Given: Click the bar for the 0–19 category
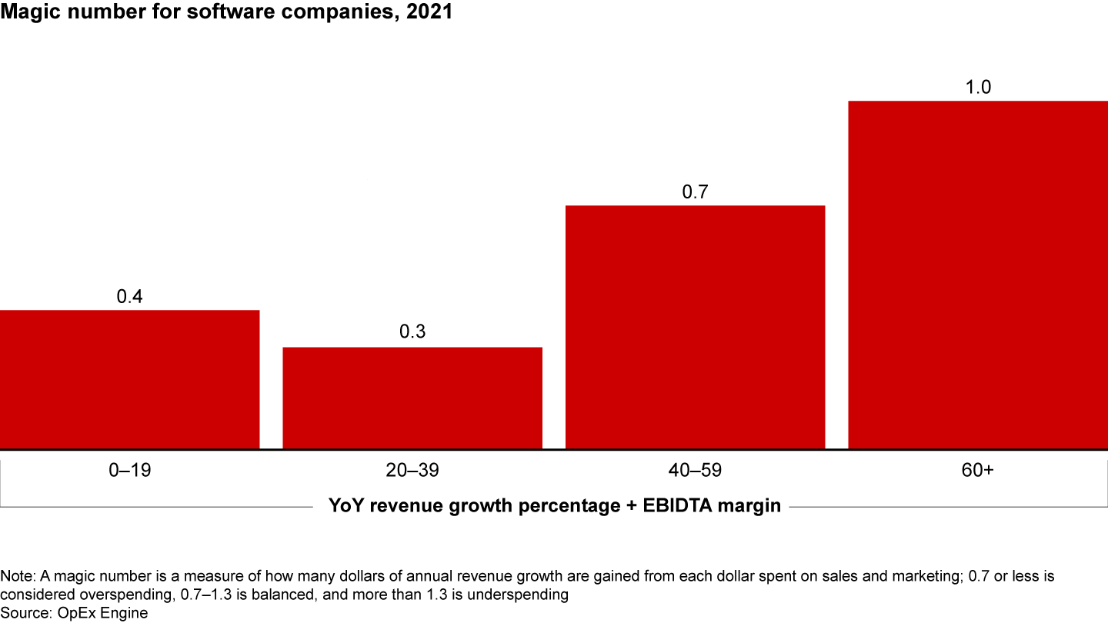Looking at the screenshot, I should point(129,379).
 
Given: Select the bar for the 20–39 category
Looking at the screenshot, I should point(412,398).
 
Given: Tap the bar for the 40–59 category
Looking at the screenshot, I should point(695,327).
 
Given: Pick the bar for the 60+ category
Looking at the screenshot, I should point(977,275).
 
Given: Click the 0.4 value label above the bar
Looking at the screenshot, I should point(130,296).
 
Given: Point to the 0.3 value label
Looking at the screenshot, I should point(412,333).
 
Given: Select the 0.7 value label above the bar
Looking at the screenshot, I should point(695,192).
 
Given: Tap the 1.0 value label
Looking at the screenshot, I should point(978,87).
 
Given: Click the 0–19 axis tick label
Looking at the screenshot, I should point(130,471).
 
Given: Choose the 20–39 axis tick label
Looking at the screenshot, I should point(412,471).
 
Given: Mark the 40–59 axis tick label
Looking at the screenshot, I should point(695,471).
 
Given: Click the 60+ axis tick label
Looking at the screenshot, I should point(978,471).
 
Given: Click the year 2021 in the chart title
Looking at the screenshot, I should point(431,13).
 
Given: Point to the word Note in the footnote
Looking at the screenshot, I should point(15,576).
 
